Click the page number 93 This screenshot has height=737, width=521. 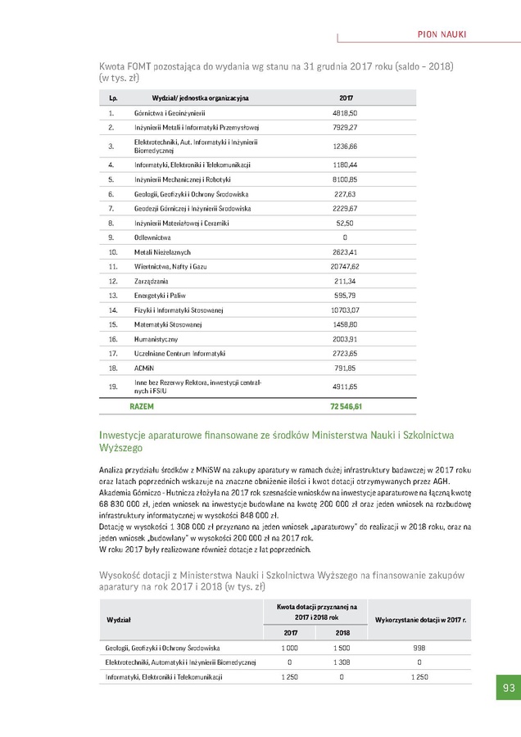point(509,688)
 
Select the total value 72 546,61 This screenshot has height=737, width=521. point(346,406)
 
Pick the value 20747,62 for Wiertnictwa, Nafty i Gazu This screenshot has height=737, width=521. point(345,266)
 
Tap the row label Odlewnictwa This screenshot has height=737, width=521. point(152,237)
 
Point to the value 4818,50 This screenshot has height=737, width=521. point(345,113)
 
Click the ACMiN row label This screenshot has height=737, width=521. point(144,368)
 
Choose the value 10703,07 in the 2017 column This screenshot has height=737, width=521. point(345,310)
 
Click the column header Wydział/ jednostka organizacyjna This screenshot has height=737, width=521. point(200,97)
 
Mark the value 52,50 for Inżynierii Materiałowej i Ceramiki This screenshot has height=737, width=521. point(345,223)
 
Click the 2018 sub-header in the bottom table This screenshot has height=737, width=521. point(342,632)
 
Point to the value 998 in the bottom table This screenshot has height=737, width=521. point(419,647)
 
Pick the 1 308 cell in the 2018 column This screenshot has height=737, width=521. point(342,662)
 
